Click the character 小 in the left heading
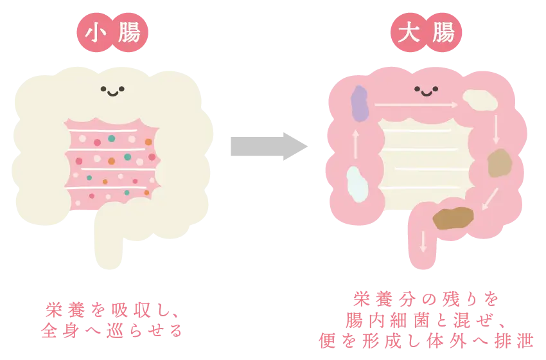click(96, 33)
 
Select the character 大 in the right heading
click(410, 33)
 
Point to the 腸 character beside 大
click(443, 33)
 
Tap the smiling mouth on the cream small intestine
click(112, 93)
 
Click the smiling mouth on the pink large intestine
click(427, 93)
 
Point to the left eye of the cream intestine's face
click(103, 89)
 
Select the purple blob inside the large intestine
click(360, 104)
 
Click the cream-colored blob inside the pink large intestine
click(480, 99)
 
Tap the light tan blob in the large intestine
click(498, 163)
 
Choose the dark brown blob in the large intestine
click(454, 219)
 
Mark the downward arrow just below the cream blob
click(496, 129)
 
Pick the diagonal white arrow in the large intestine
click(489, 199)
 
